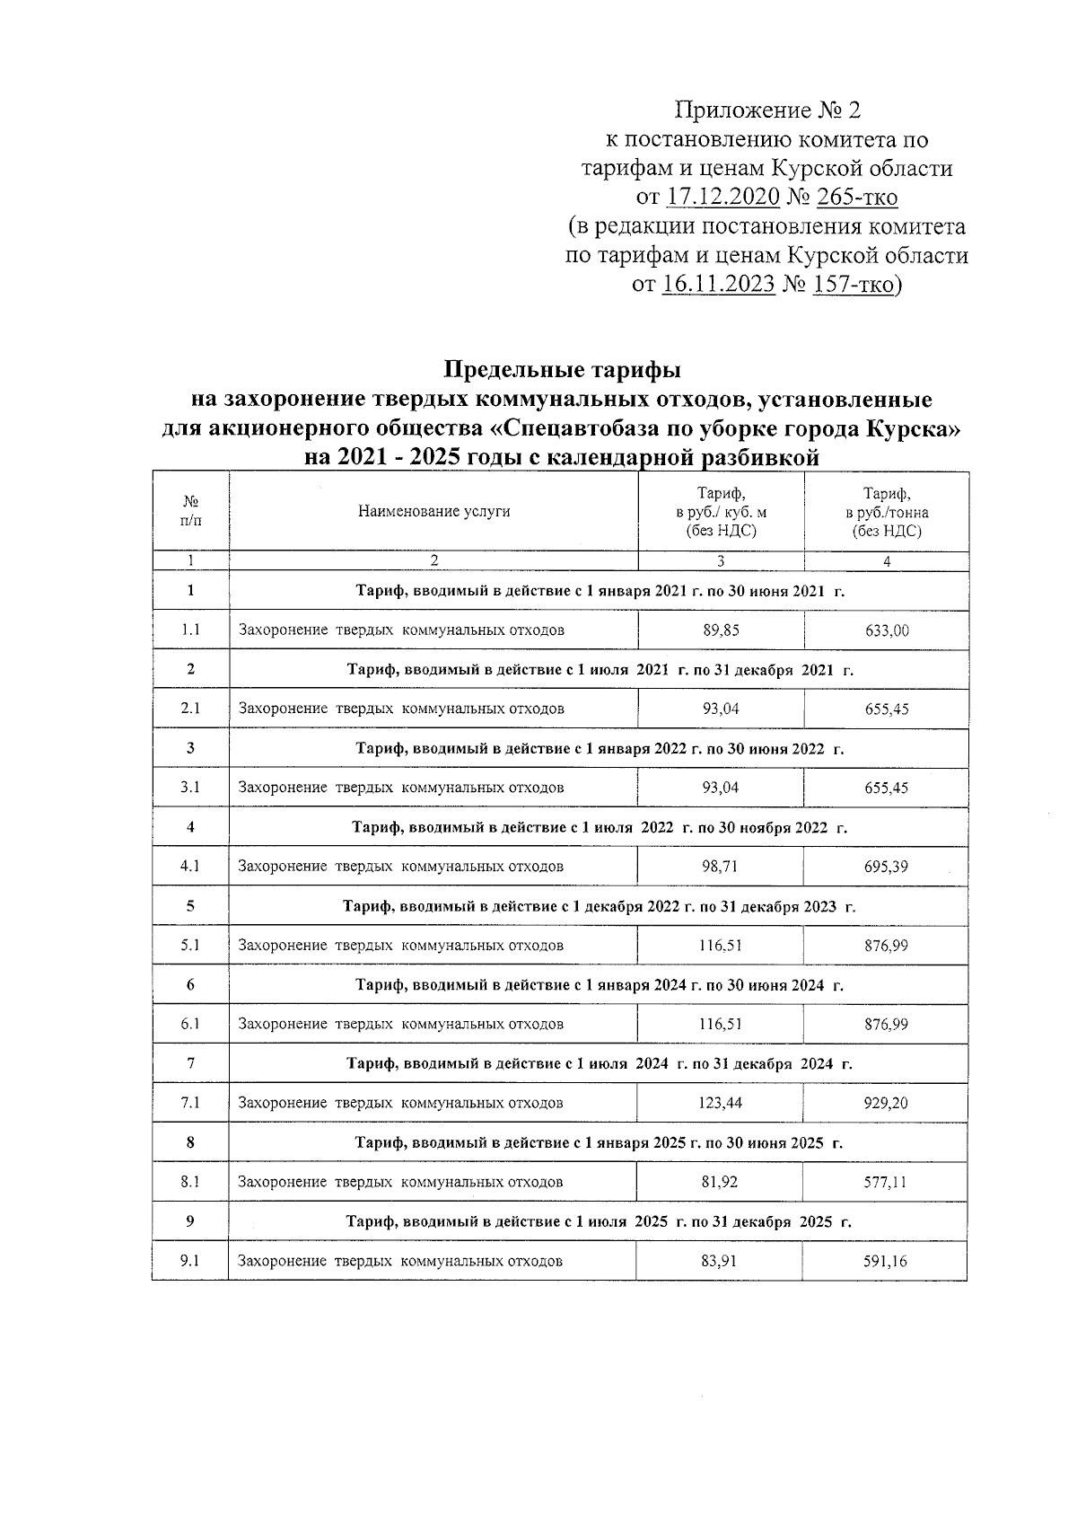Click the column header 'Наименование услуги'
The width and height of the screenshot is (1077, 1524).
[x=433, y=512]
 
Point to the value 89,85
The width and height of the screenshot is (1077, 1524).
[x=721, y=630]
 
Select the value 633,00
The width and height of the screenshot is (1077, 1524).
[x=886, y=630]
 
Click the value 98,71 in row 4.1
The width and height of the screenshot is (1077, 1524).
[x=721, y=867]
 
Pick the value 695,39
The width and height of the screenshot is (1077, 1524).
[x=886, y=867]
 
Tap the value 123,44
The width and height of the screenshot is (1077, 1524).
[x=721, y=1103]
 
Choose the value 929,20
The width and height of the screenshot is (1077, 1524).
[x=885, y=1103]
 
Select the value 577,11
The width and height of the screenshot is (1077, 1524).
[x=885, y=1182]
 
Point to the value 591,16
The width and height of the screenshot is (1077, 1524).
[x=885, y=1261]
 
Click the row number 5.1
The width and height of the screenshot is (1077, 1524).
[x=190, y=945]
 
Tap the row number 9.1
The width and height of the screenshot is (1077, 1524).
[x=189, y=1261]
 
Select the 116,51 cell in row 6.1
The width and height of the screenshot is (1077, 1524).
[x=721, y=1024]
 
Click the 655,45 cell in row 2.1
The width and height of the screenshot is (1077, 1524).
[x=886, y=709]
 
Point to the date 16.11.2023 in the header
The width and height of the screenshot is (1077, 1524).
[x=717, y=286]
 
